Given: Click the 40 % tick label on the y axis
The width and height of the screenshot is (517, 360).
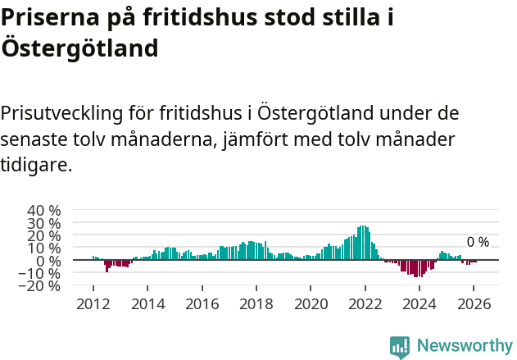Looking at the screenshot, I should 44,210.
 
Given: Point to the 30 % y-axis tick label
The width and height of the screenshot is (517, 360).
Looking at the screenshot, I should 44,222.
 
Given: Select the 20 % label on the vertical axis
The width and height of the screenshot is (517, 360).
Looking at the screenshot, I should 44,235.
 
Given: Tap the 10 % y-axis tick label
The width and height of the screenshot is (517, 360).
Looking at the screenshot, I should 44,248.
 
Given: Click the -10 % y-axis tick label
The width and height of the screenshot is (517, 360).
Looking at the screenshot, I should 41,273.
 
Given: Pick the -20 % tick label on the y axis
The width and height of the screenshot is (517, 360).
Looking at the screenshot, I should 41,286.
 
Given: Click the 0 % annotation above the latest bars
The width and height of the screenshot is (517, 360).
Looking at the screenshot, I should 478,242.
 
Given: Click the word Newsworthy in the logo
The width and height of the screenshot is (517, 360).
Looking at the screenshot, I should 465,346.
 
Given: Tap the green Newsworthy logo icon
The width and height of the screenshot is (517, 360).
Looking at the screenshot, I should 400,346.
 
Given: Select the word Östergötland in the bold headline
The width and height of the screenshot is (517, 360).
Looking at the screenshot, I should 79,48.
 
